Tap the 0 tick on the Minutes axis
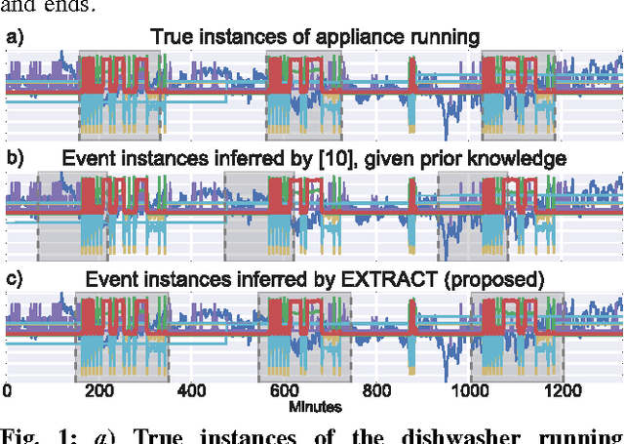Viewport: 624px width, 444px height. [7, 393]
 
